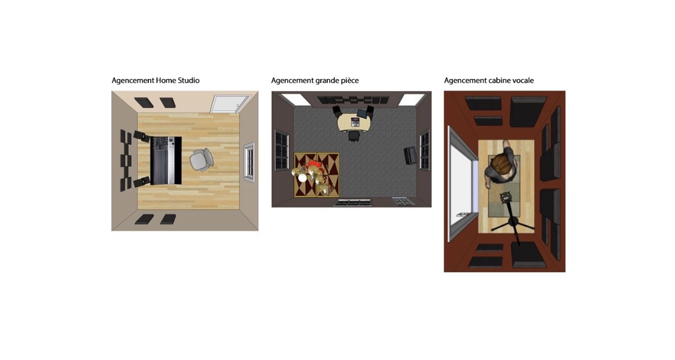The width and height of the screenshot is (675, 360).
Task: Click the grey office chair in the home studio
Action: pyautogui.click(x=201, y=160)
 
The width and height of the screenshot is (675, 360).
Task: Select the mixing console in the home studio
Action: pyautogui.click(x=166, y=160)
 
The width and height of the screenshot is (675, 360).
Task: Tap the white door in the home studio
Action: pyautogui.click(x=230, y=104)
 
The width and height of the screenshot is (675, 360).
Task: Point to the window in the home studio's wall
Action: pyautogui.click(x=249, y=160)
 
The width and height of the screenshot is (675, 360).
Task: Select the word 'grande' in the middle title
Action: pyautogui.click(x=328, y=81)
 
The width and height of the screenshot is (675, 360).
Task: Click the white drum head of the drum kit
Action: pyautogui.click(x=303, y=178)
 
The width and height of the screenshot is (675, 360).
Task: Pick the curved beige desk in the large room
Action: pyautogui.click(x=355, y=121)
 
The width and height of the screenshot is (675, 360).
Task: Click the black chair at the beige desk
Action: pyautogui.click(x=354, y=136)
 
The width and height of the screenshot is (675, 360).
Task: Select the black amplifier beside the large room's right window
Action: pyautogui.click(x=410, y=155)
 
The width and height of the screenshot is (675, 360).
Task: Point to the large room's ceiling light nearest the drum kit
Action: pyautogui.click(x=296, y=99)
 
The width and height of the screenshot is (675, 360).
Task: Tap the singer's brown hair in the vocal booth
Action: pyautogui.click(x=500, y=164)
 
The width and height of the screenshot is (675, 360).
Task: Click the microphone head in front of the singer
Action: pyautogui.click(x=505, y=198)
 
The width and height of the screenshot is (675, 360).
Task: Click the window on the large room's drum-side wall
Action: pyautogui.click(x=282, y=150)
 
